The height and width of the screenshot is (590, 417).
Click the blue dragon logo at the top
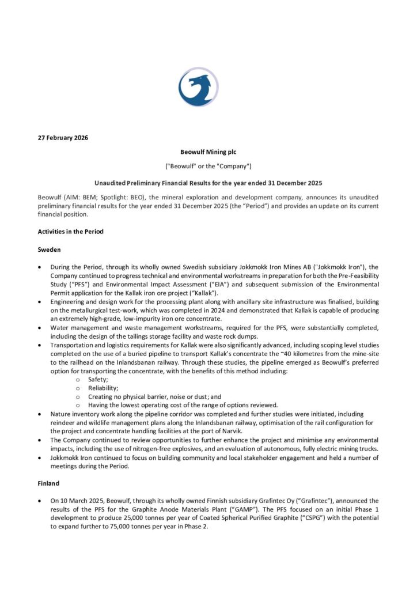coord(198,87)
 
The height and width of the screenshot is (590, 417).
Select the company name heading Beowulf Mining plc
coord(208,153)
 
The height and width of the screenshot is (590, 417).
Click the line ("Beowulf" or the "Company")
coord(208,168)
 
